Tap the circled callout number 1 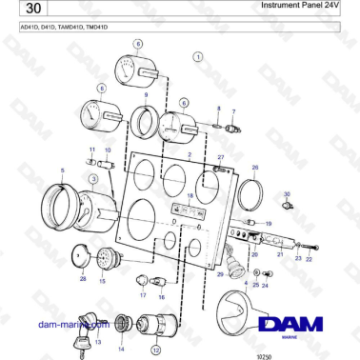[198, 57]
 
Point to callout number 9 [146, 94]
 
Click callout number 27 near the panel [221, 156]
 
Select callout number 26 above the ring [255, 167]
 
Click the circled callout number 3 [93, 178]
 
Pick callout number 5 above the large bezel [63, 170]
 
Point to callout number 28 [83, 278]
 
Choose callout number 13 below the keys [97, 343]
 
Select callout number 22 [308, 258]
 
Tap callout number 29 [220, 274]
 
